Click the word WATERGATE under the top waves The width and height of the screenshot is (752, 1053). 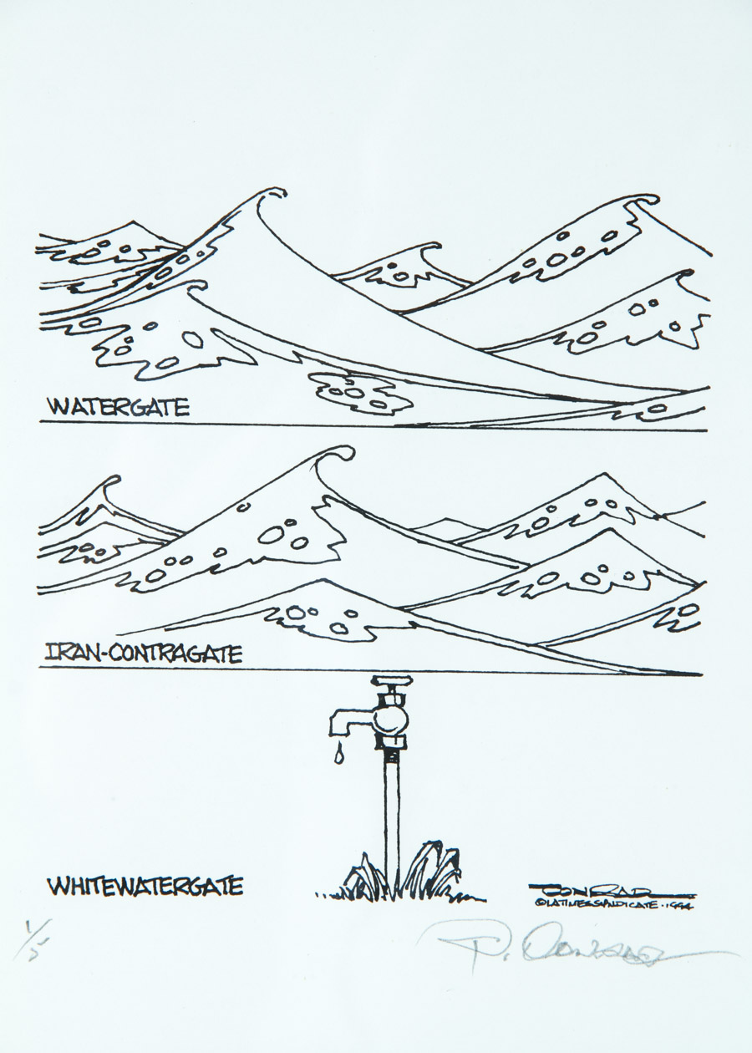(118, 408)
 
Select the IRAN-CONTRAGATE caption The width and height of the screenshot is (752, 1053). (142, 653)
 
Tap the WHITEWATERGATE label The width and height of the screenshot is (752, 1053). (145, 885)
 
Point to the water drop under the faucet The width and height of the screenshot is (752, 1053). (338, 755)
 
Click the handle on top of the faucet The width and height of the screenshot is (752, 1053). (392, 680)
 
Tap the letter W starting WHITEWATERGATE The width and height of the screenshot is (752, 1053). (57, 885)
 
